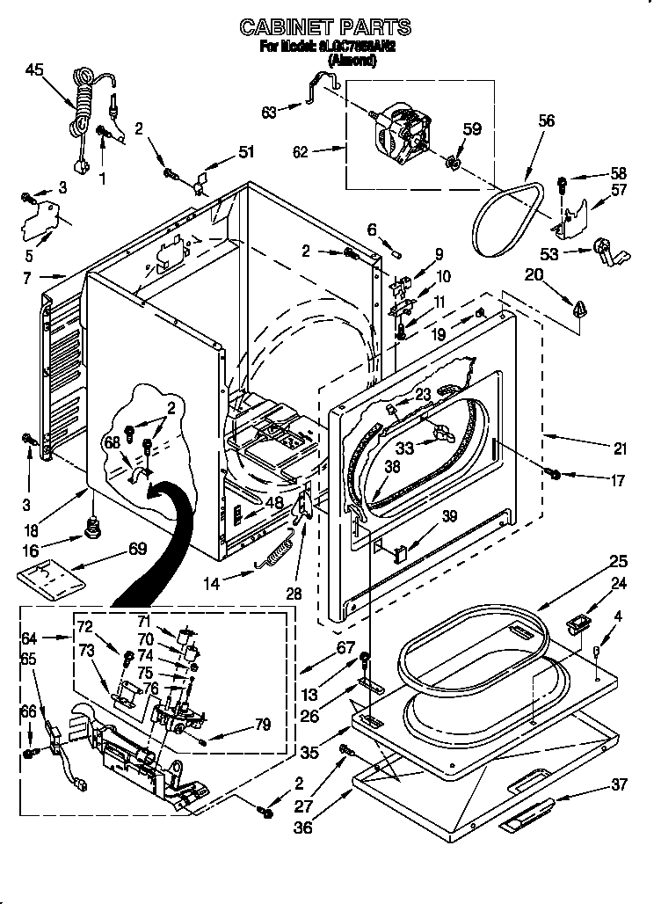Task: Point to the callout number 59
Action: pos(472,129)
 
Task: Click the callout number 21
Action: pos(621,449)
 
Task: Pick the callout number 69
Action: pos(137,548)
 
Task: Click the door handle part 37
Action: pos(527,816)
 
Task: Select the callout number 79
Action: pos(262,725)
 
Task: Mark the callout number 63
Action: pos(269,112)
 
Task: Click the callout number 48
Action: pos(274,503)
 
